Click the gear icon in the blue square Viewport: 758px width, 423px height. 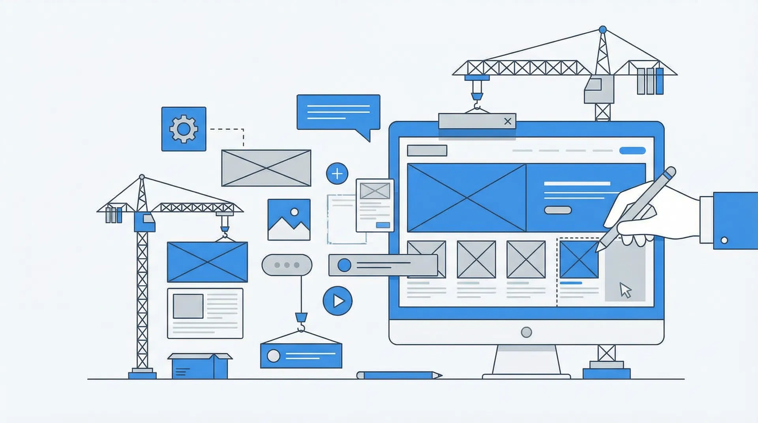coord(184,129)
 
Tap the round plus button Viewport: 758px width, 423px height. coord(337,173)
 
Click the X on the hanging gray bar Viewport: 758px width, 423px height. coord(508,121)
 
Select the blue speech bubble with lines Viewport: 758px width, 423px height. coord(338,112)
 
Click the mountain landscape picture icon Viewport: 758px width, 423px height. coord(289,219)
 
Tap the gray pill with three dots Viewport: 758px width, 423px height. coord(287,265)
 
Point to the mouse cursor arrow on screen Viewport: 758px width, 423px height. coord(625,290)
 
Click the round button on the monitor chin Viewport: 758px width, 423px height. coord(526,332)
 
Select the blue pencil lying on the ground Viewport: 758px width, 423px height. coord(399,375)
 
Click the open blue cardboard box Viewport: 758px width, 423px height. coord(200,366)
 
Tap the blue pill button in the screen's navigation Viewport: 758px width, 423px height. coord(632,150)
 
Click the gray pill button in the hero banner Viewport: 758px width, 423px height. coord(558,210)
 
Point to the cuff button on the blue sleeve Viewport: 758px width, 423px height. coord(724,240)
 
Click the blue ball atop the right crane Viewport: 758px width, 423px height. coord(602,30)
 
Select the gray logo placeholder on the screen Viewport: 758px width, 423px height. coord(427,150)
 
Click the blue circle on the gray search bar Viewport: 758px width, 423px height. coord(344,265)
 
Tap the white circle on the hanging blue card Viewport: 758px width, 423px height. coord(274,356)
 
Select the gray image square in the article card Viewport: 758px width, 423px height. coord(188,306)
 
